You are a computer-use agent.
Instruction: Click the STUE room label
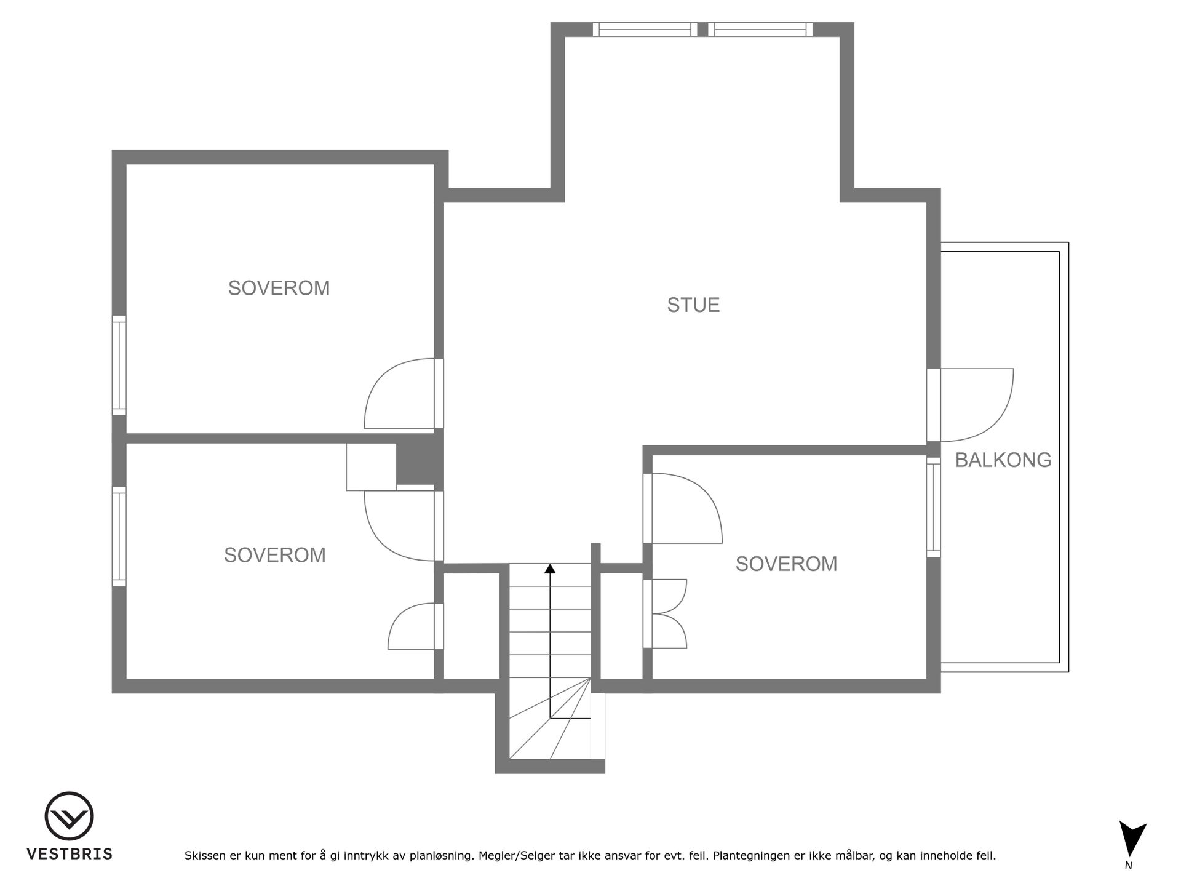[693, 305]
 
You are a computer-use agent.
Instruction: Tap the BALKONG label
[1003, 460]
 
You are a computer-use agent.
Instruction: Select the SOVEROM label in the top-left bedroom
[279, 288]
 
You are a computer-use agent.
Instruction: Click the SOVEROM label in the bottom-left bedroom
[274, 555]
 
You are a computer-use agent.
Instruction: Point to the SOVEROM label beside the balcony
[786, 564]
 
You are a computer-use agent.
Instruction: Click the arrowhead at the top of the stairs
[550, 569]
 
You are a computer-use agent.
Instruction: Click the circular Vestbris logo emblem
[69, 816]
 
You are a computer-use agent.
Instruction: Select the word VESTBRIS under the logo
[69, 854]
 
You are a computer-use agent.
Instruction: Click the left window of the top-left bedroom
[119, 365]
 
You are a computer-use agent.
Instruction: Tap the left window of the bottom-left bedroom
[119, 537]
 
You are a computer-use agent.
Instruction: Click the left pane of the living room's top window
[645, 30]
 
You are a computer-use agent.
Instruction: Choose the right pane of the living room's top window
[760, 30]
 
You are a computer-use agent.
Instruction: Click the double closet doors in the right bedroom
[666, 613]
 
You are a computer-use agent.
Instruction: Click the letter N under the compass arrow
[1129, 866]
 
